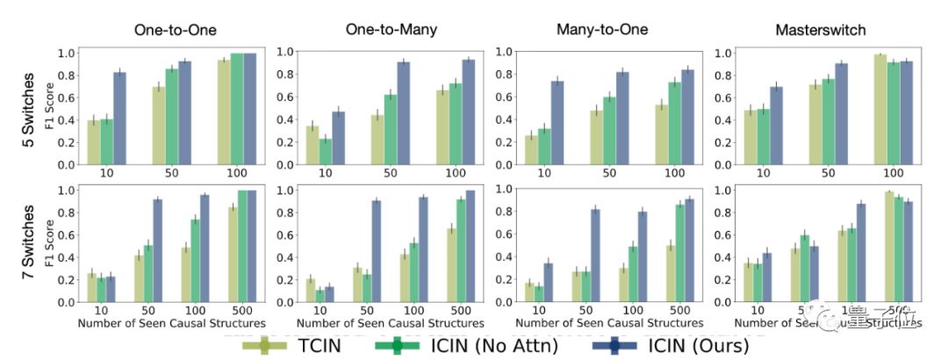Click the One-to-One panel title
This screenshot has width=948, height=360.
170,30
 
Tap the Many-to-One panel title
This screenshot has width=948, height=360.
601,30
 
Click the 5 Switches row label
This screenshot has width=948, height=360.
27,107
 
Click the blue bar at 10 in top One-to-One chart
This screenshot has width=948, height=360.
119,118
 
